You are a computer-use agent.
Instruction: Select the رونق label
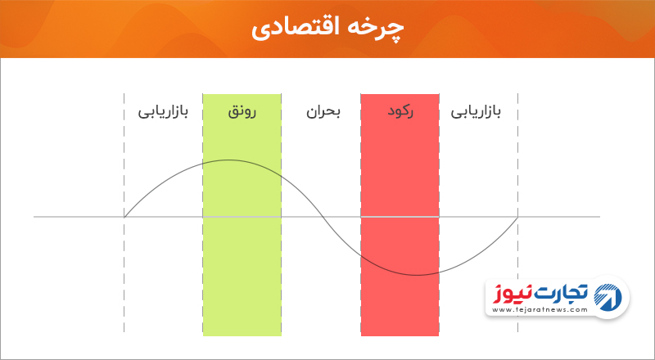(x=242, y=112)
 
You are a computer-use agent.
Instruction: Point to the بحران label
(x=323, y=112)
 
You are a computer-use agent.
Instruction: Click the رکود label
(x=400, y=112)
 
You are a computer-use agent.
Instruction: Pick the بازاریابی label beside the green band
(x=163, y=112)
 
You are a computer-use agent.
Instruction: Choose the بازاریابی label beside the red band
(x=476, y=112)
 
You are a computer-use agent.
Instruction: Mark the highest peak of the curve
(x=228, y=160)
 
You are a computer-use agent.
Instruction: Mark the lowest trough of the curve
(x=417, y=275)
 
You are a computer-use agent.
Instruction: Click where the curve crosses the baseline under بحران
(x=322, y=217)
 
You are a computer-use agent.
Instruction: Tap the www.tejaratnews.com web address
(x=540, y=310)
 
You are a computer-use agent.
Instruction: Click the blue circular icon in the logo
(x=608, y=296)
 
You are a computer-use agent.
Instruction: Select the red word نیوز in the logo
(x=509, y=293)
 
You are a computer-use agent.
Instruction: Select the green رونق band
(x=242, y=214)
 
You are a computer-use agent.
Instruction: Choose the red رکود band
(x=400, y=214)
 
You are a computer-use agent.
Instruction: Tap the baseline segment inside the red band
(x=400, y=217)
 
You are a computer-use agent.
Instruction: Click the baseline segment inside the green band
(x=242, y=217)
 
